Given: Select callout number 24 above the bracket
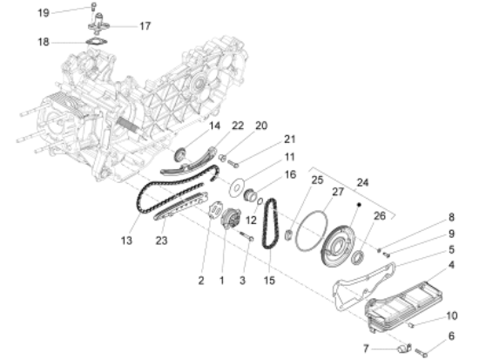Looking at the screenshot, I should (363, 184).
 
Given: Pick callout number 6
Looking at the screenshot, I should (451, 336).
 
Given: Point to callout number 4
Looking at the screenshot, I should (452, 264).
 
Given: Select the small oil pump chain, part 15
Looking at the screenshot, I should (271, 226).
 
